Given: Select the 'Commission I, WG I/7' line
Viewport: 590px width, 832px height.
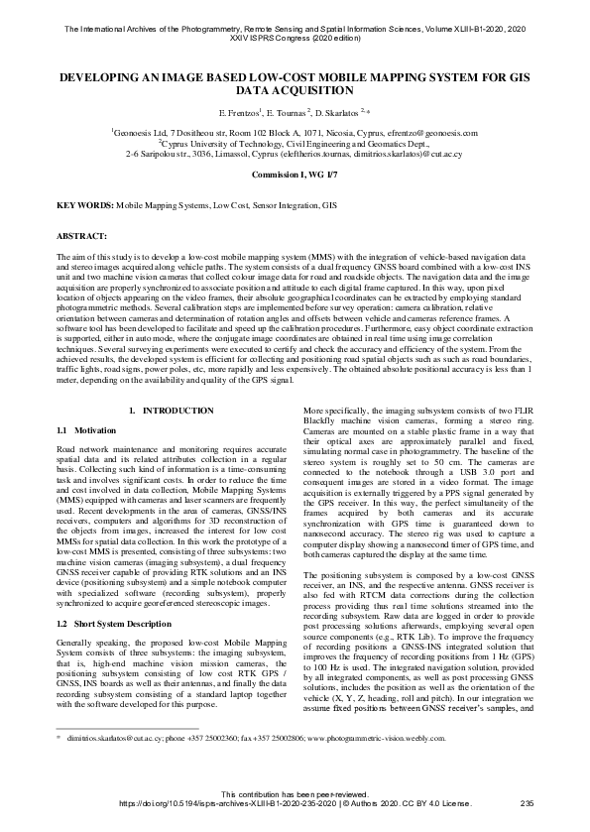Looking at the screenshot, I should point(295,174).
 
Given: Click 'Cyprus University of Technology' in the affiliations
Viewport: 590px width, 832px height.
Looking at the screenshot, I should point(214,144).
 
